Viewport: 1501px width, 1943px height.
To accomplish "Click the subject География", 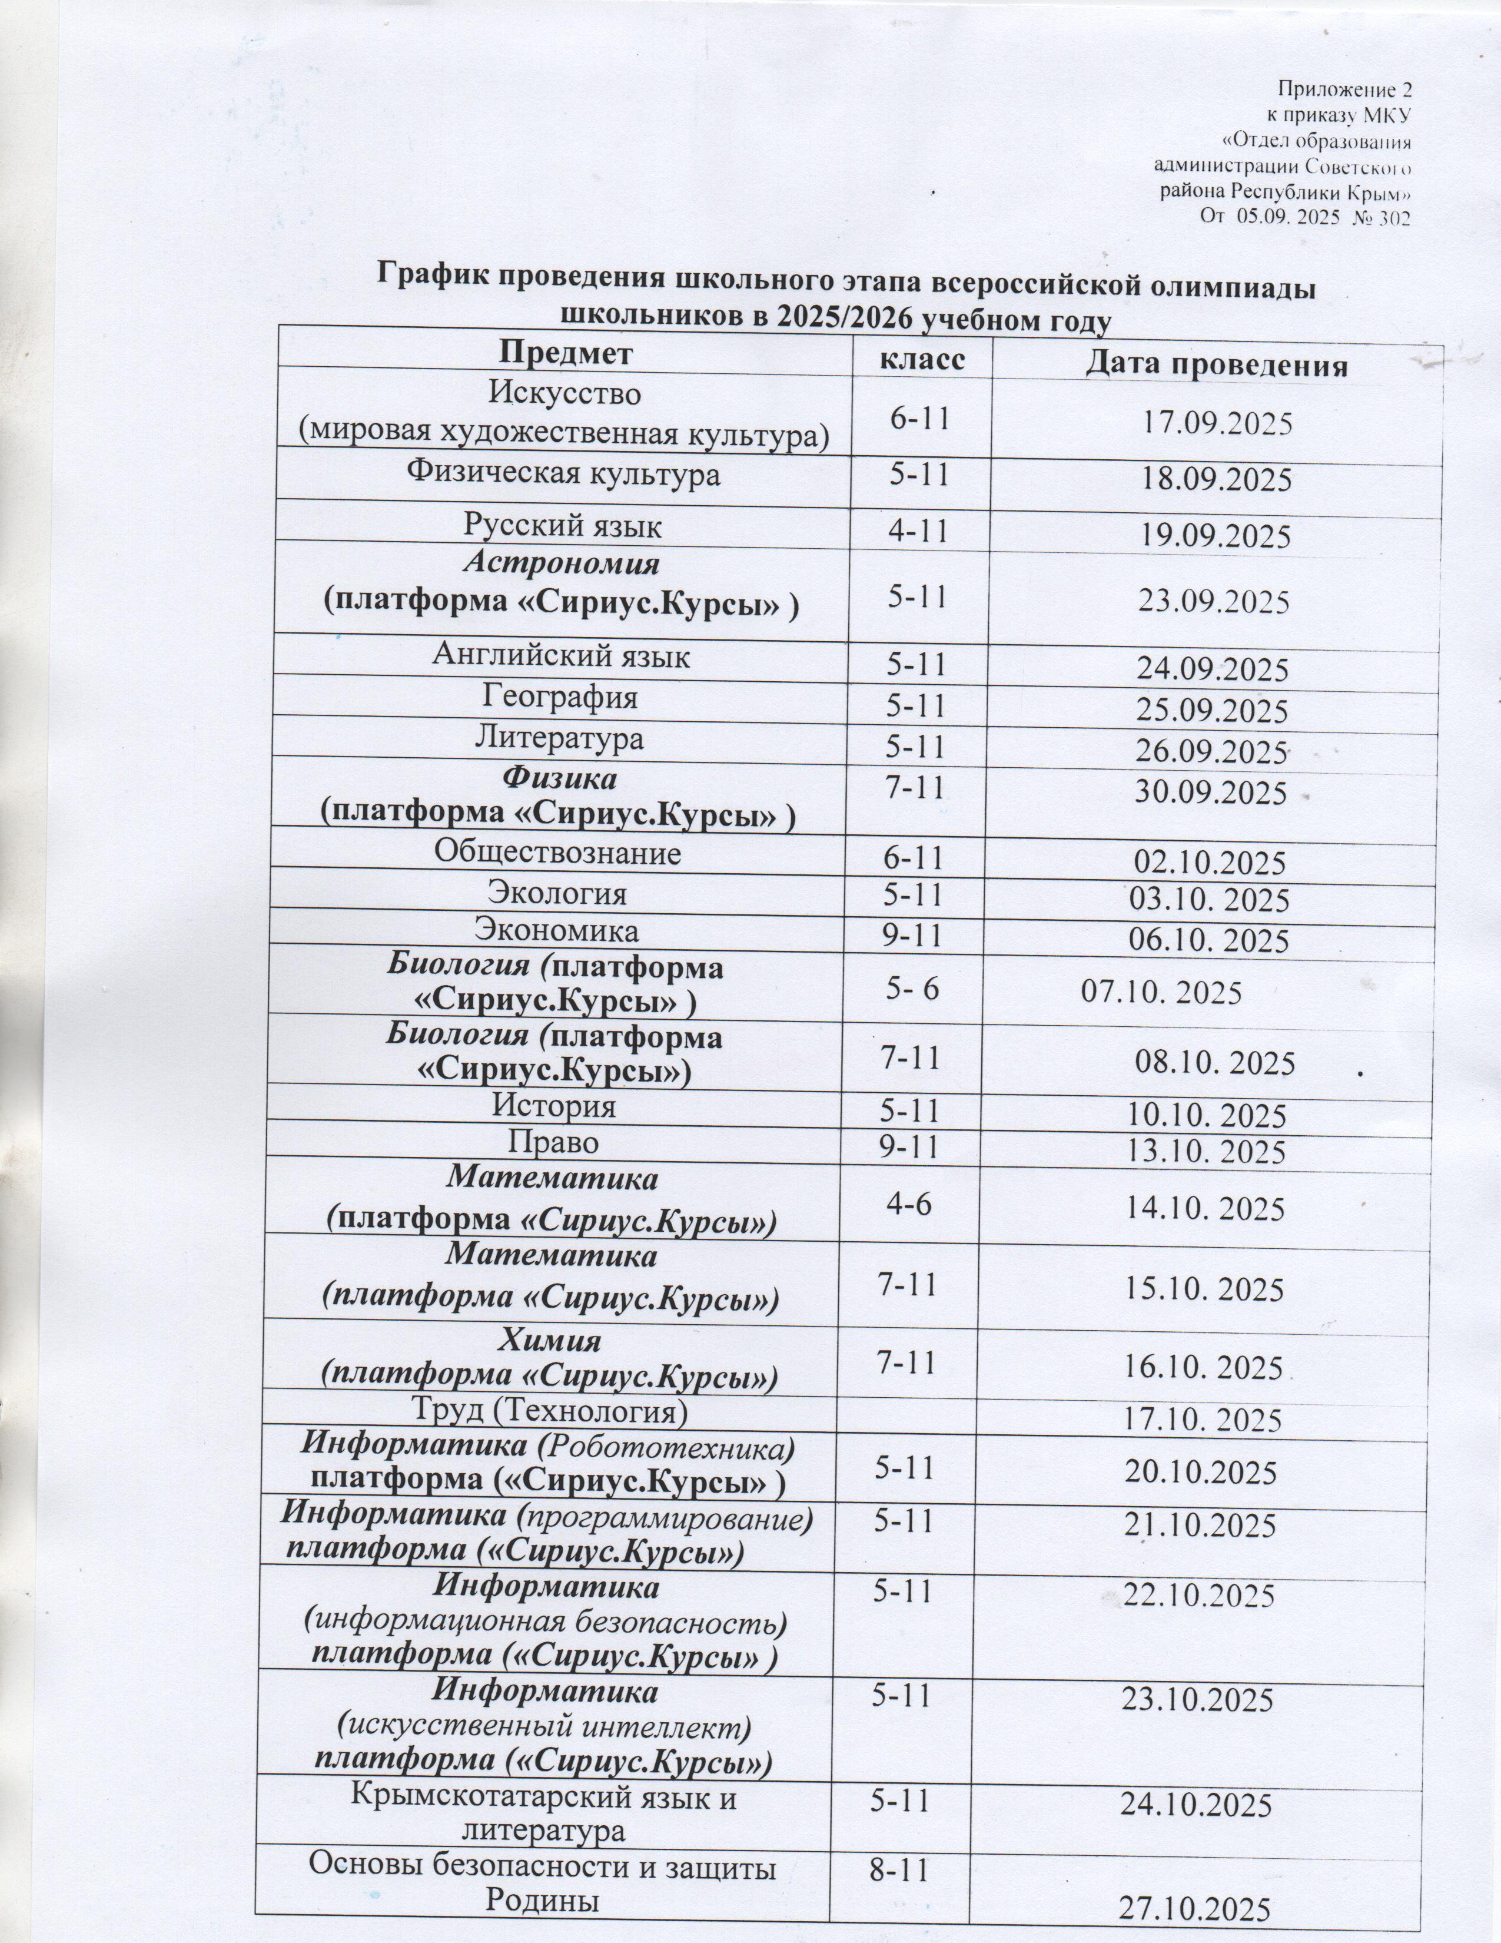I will coord(560,697).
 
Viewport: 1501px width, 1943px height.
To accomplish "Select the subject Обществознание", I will coord(557,853).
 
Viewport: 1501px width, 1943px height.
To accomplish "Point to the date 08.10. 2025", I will coord(1215,1062).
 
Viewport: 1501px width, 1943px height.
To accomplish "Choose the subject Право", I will coord(553,1142).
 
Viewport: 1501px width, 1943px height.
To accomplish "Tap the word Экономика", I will coord(557,930).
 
